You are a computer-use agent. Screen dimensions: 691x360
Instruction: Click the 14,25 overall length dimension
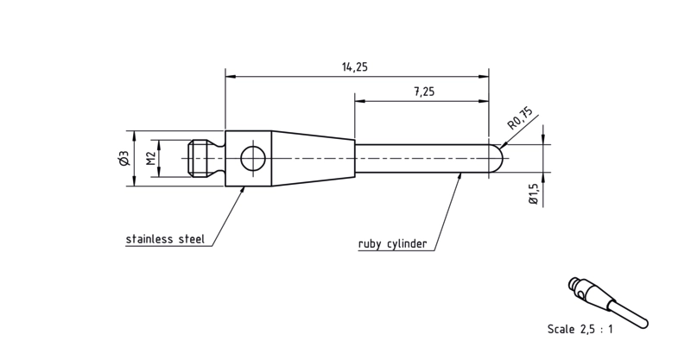pyautogui.click(x=354, y=67)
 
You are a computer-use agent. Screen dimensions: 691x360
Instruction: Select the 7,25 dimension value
pyautogui.click(x=423, y=92)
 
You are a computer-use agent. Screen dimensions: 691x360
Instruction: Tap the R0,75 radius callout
pyautogui.click(x=521, y=118)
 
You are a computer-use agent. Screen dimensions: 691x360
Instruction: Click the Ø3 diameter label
pyautogui.click(x=124, y=159)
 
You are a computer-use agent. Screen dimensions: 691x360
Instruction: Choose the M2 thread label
pyautogui.click(x=150, y=158)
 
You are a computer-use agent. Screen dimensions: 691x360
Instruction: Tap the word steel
pyautogui.click(x=191, y=239)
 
